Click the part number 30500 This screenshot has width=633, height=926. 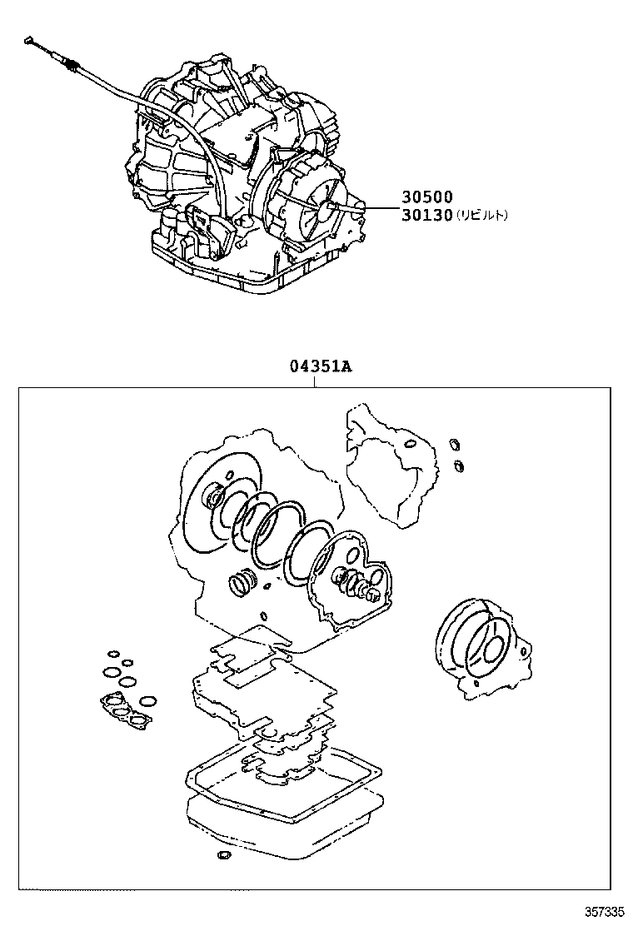point(427,197)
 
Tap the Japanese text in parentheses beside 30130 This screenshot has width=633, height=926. point(480,215)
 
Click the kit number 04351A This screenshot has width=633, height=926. point(314,367)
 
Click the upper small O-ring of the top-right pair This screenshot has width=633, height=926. point(454,443)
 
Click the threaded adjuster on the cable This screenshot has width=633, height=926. point(73,64)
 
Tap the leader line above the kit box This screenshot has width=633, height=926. point(314,381)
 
